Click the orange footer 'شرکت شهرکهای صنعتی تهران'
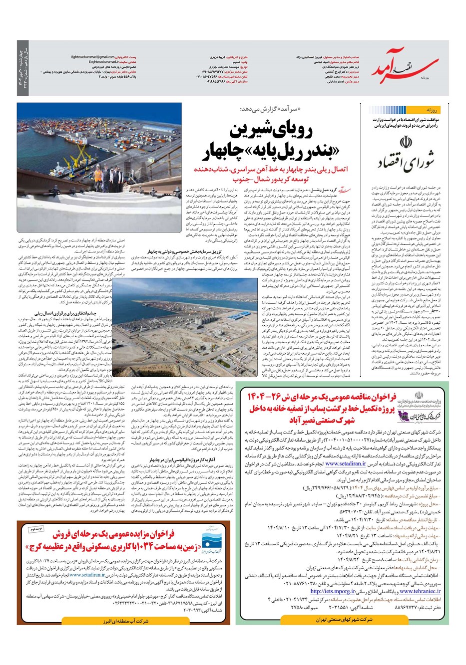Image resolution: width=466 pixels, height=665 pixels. point(344,620)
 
